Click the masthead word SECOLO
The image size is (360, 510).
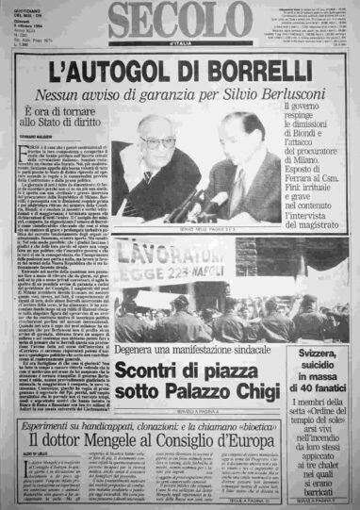[x=180, y=21]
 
